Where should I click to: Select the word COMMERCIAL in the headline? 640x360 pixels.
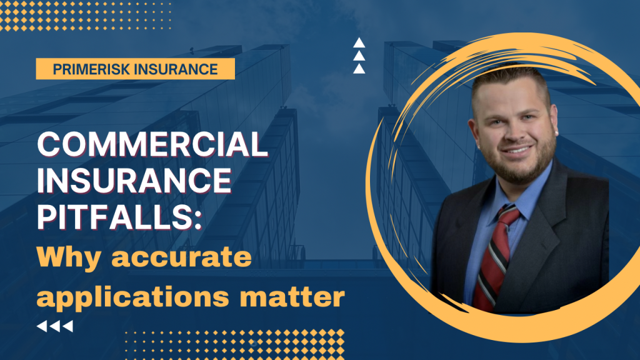coord(152,144)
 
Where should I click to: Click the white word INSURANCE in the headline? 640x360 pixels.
coord(134,181)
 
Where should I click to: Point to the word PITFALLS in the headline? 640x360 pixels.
coord(115,217)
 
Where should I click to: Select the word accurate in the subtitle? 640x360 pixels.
coord(182,257)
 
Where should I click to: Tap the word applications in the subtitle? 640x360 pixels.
coord(132,296)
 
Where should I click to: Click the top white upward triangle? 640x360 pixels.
coord(359,43)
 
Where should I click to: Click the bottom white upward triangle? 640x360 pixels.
coord(359,69)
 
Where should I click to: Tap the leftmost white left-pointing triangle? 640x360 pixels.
coord(42,326)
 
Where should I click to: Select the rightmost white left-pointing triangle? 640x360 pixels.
coord(67,326)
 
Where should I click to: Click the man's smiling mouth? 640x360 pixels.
coord(517,150)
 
